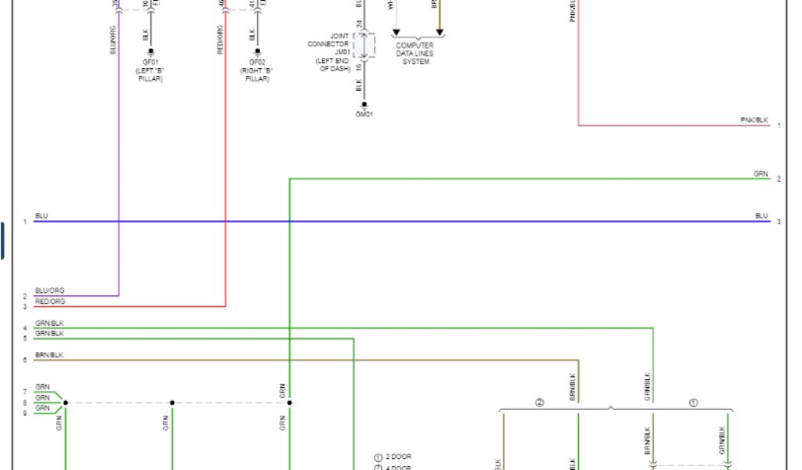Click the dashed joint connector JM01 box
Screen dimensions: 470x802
(364, 45)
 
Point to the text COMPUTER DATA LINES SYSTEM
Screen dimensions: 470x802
(415, 53)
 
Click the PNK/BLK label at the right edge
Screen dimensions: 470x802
(754, 120)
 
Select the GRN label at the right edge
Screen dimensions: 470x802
(760, 174)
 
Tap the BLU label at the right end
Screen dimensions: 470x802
(761, 216)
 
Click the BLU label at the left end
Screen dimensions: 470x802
(42, 216)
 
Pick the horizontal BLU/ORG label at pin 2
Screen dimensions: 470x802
(50, 291)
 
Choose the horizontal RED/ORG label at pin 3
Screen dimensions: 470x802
(50, 302)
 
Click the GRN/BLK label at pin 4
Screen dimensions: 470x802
(49, 323)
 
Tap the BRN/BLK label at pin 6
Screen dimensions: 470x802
(49, 356)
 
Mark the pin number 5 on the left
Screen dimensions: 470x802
(25, 338)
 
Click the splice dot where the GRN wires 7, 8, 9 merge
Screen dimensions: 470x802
(65, 403)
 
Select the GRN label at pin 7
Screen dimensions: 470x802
(42, 387)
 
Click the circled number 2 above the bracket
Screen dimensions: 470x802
(539, 403)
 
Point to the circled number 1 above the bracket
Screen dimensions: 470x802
(692, 403)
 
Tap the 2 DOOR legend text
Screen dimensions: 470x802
(398, 457)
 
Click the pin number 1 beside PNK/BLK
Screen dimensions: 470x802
(779, 125)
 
